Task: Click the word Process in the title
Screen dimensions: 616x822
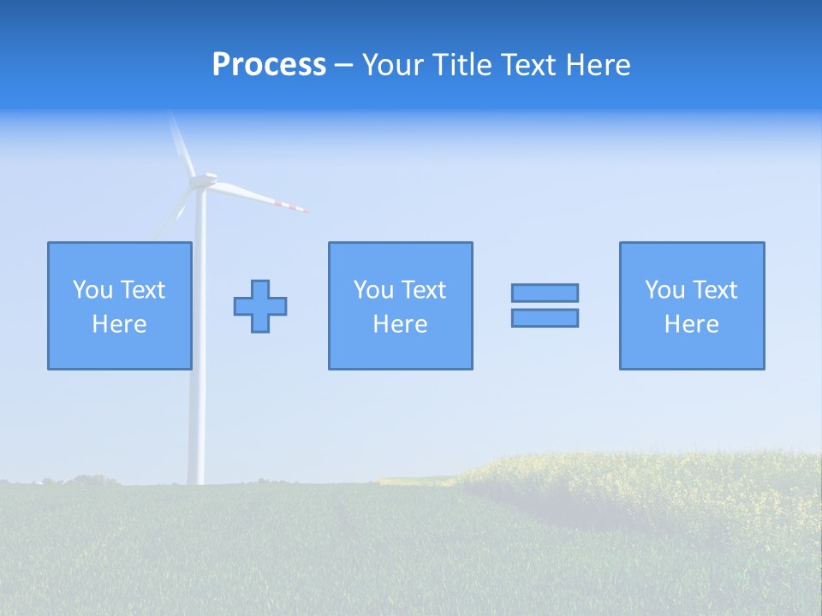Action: click(x=269, y=65)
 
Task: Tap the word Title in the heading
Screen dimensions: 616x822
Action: click(x=463, y=65)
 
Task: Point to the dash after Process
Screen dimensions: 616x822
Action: click(x=343, y=66)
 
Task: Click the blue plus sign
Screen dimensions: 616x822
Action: click(x=260, y=306)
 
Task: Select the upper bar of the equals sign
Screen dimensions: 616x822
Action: click(x=545, y=293)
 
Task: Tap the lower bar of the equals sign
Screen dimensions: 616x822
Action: click(x=545, y=317)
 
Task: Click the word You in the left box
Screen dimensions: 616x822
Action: click(x=92, y=290)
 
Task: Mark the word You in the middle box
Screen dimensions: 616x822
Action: click(x=373, y=290)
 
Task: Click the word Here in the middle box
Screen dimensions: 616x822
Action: click(x=400, y=324)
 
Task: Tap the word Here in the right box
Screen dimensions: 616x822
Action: click(x=691, y=324)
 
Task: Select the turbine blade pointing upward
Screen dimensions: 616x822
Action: click(x=181, y=141)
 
